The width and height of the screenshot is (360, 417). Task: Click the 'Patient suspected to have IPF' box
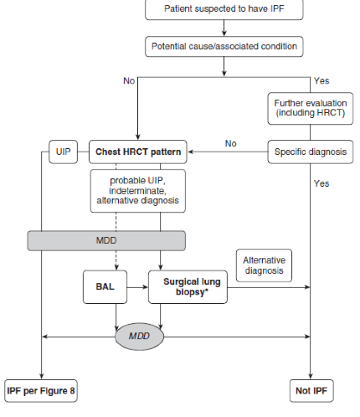[x=224, y=9]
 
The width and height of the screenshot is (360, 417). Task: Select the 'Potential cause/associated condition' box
[x=224, y=47]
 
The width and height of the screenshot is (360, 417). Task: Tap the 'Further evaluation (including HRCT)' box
[x=311, y=108]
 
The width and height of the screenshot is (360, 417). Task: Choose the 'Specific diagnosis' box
[x=311, y=152]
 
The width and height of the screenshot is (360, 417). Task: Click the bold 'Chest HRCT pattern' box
[x=138, y=152]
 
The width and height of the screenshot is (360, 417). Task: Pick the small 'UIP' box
[x=64, y=152]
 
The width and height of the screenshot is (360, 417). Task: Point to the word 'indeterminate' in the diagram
[x=137, y=191]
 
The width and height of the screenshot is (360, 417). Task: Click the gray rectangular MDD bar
[x=106, y=240]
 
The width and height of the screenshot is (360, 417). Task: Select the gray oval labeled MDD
[x=139, y=337]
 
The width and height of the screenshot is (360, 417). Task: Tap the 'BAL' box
[x=105, y=286]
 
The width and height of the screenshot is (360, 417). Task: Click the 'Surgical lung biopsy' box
[x=188, y=286]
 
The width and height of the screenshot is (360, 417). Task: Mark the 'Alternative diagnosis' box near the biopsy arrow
[x=264, y=265]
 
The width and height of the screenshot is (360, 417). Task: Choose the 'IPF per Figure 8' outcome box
[x=41, y=391]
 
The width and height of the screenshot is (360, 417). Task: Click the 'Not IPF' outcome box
[x=311, y=391]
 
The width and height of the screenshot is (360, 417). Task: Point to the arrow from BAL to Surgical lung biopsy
[x=137, y=287]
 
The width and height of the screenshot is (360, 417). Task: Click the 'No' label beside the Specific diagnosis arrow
[x=231, y=143]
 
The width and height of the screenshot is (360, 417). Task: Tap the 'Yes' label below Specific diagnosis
[x=321, y=183]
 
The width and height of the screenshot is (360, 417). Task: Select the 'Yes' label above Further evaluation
[x=321, y=81]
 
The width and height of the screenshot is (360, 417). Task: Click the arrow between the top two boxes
[x=224, y=28]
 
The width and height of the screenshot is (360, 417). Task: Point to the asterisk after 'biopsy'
[x=207, y=291]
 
